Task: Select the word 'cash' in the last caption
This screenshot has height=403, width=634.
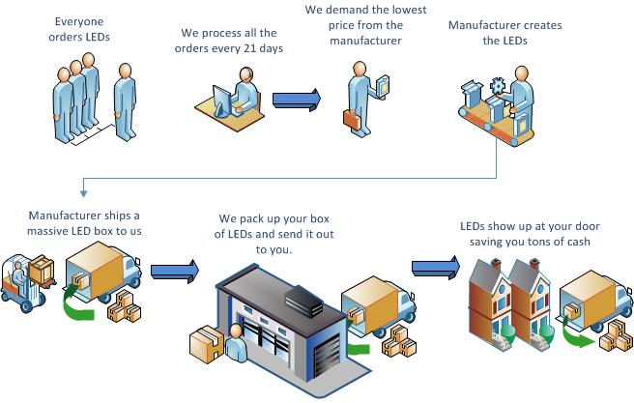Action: point(575,241)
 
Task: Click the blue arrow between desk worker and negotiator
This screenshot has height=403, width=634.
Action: point(296,100)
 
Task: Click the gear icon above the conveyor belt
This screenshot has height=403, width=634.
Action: point(498,87)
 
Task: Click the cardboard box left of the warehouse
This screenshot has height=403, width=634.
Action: point(209,344)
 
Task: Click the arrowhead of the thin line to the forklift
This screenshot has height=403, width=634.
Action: point(84,198)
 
